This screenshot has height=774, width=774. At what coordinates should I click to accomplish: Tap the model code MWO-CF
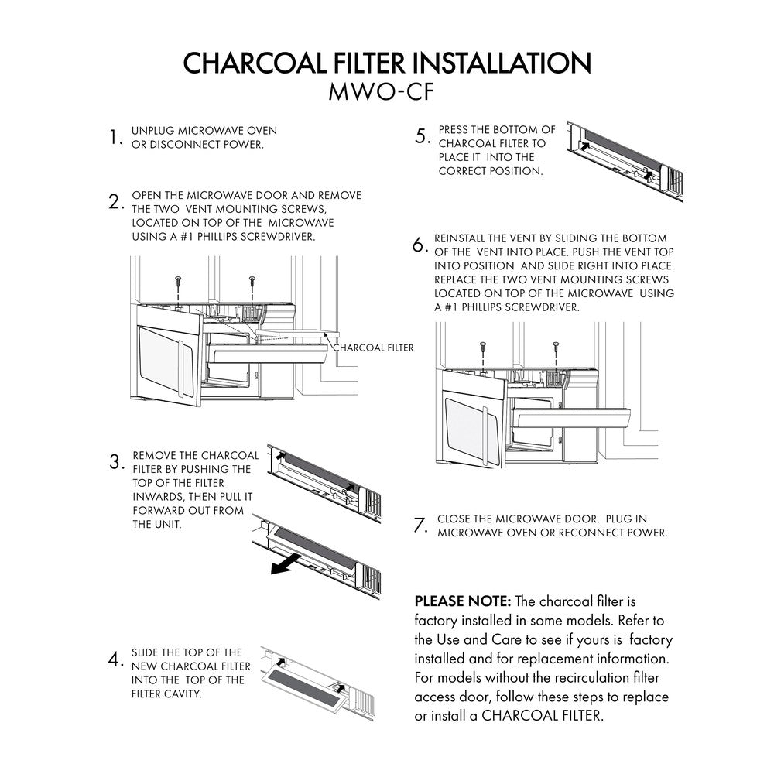click(386, 93)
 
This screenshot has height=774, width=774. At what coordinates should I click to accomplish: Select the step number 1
click(116, 139)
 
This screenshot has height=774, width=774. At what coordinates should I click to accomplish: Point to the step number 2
click(117, 204)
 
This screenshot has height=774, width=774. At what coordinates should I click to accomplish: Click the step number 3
click(118, 463)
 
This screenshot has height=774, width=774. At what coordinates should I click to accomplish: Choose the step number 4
click(117, 661)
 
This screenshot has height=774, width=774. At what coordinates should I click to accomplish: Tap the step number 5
click(423, 138)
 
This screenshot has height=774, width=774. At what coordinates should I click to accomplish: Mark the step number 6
click(420, 246)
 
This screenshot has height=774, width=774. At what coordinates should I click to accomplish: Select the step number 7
click(421, 526)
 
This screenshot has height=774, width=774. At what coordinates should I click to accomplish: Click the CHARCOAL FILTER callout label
click(373, 348)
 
